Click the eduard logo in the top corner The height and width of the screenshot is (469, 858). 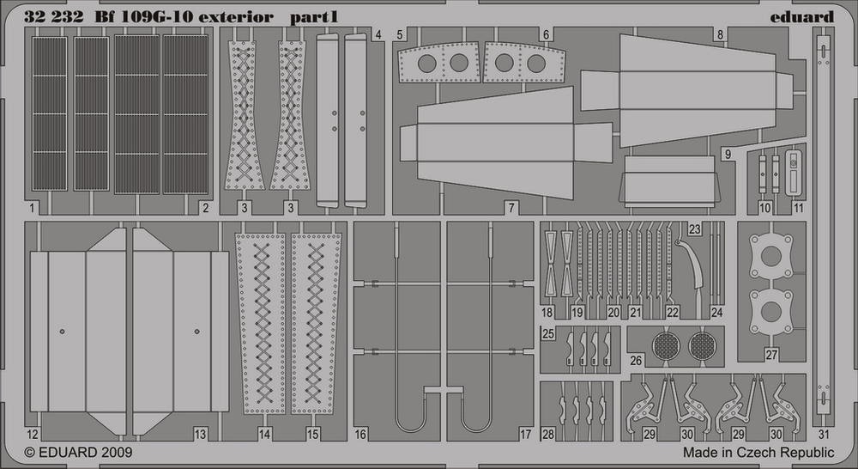(x=801, y=17)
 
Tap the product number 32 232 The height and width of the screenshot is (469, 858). (x=53, y=17)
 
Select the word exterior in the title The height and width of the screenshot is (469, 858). (x=236, y=17)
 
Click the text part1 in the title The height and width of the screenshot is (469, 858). (x=314, y=17)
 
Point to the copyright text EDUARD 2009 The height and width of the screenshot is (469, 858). (x=78, y=453)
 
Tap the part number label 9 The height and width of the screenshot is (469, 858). (x=728, y=155)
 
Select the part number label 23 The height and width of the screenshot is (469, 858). (x=694, y=229)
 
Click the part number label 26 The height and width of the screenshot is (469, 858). (x=636, y=361)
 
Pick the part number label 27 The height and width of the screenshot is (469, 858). (x=771, y=355)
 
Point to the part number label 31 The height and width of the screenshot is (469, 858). (x=824, y=435)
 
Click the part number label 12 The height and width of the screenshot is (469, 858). (x=33, y=435)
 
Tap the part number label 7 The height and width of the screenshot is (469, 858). (x=511, y=208)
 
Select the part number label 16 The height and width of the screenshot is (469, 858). (x=360, y=435)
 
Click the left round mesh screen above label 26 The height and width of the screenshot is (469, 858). (x=667, y=346)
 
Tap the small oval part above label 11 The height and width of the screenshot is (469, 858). (x=794, y=173)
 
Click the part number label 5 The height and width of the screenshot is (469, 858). (x=400, y=35)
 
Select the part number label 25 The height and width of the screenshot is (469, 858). (x=547, y=333)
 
